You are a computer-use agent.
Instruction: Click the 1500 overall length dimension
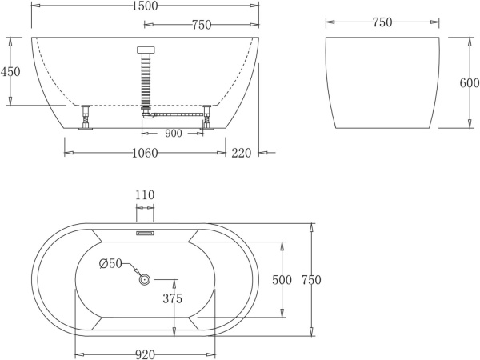click(144, 6)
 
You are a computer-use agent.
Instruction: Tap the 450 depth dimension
click(10, 72)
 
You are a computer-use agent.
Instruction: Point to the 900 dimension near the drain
click(173, 134)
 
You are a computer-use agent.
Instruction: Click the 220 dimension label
click(242, 153)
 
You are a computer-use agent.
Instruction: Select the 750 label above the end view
click(382, 23)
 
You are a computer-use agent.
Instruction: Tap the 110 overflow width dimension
click(145, 195)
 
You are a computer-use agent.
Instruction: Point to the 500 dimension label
click(280, 280)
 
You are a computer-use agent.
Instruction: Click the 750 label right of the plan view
click(310, 280)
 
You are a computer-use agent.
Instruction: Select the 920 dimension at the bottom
click(144, 353)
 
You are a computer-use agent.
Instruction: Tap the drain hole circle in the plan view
click(145, 279)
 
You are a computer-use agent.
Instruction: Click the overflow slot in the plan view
click(145, 234)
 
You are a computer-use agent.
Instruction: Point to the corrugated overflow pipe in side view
click(145, 81)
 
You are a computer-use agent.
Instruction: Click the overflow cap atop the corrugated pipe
click(145, 50)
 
